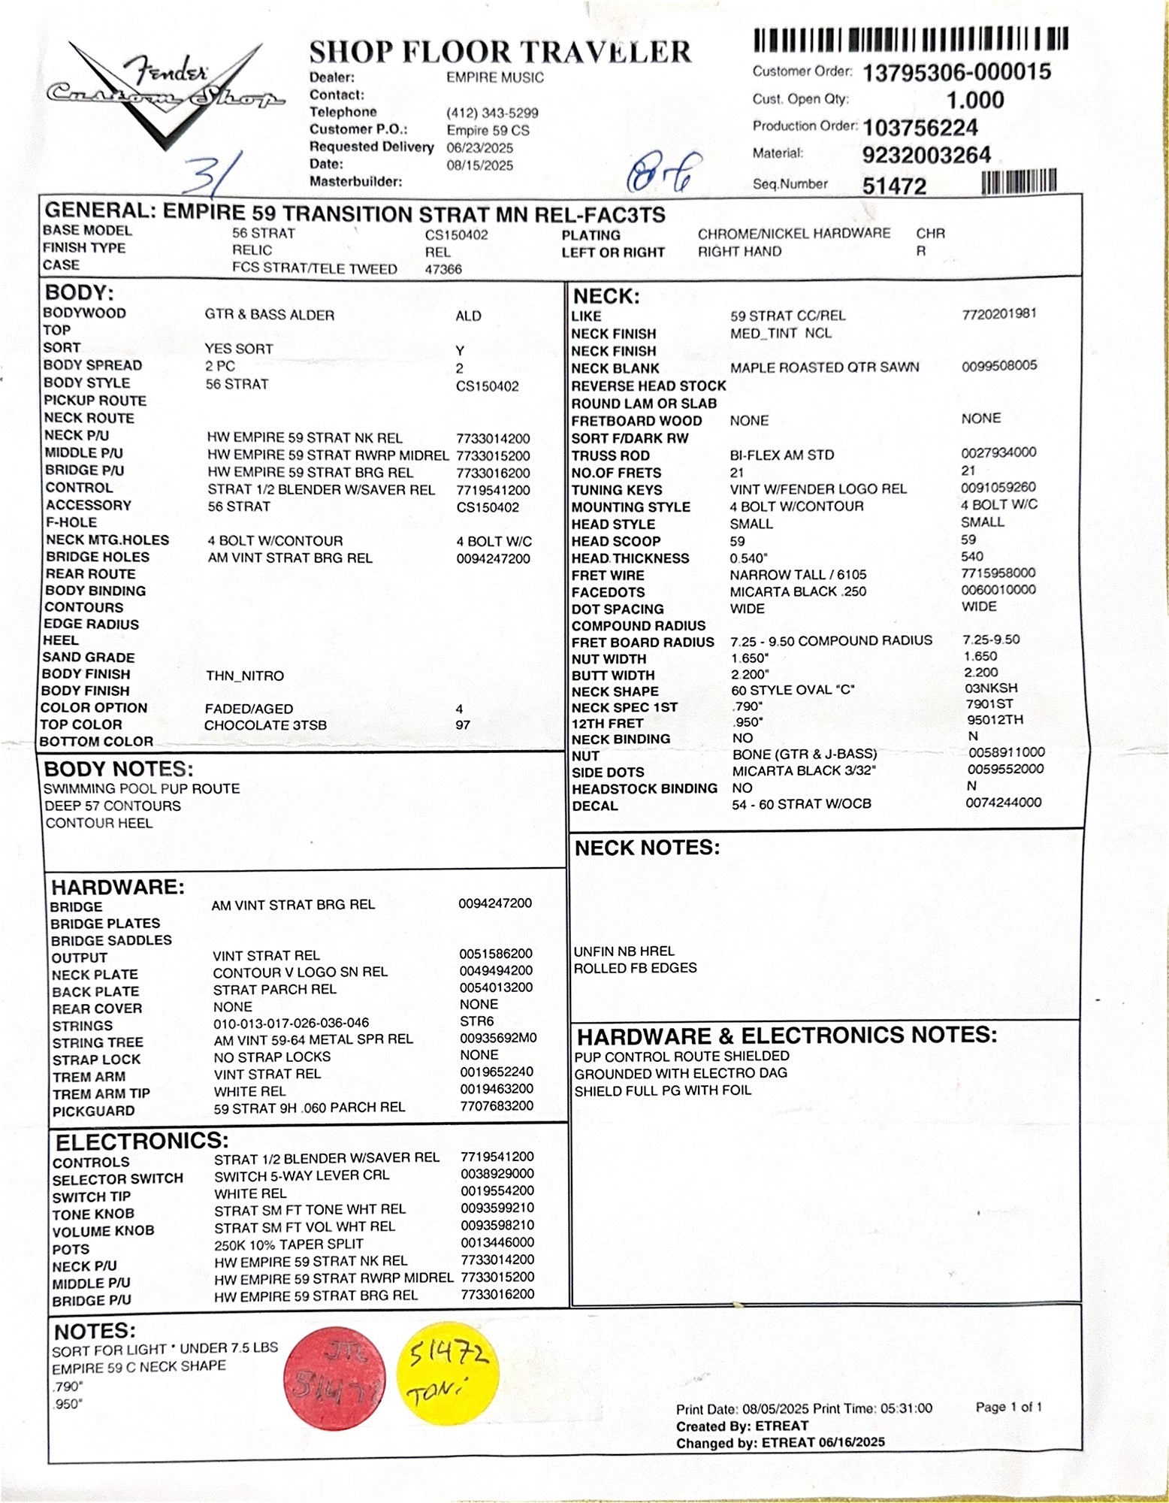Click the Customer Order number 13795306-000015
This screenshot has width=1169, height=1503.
point(956,72)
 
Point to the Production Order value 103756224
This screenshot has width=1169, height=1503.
point(920,127)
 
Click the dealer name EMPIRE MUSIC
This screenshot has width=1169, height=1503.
point(494,77)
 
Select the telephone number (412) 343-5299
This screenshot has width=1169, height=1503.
point(492,113)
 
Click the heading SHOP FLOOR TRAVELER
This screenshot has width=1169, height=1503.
point(500,52)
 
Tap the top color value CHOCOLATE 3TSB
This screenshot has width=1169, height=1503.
point(265,725)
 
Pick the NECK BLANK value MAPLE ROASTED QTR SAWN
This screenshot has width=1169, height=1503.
point(824,367)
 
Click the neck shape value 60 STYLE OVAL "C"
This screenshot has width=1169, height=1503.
point(793,690)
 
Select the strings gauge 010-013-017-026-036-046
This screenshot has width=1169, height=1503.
point(291,1023)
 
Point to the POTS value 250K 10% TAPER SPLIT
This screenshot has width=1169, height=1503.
point(288,1244)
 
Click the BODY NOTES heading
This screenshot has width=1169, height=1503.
point(119,769)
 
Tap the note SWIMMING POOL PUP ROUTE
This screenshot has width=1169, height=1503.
point(141,788)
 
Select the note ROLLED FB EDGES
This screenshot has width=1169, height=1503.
point(635,968)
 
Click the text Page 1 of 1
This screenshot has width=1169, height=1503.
point(1008,1407)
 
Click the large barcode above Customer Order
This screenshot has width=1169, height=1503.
point(910,40)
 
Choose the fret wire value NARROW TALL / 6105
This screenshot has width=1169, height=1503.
point(798,575)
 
